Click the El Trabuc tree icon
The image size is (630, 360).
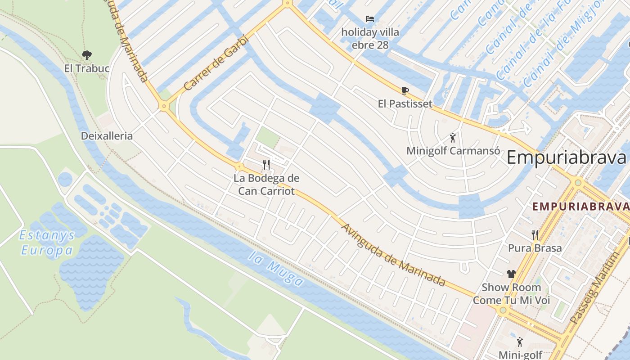click(87, 55)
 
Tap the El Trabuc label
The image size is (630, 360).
click(87, 68)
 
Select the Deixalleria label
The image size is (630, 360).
click(107, 136)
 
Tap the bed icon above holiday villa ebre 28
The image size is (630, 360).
click(369, 19)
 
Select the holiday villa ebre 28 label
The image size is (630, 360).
click(369, 39)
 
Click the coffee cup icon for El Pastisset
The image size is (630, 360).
click(405, 90)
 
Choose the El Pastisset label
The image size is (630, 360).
click(405, 104)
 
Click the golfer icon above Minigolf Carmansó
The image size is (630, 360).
click(453, 138)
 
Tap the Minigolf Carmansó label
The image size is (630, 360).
click(453, 151)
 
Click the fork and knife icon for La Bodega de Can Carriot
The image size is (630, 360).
click(266, 164)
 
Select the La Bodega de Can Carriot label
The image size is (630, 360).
click(266, 184)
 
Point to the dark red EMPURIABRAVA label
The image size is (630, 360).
click(580, 207)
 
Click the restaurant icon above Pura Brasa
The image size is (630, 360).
click(535, 234)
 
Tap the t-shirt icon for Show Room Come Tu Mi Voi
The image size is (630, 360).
click(511, 274)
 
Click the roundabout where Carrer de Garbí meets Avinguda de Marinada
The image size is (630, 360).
click(163, 107)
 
